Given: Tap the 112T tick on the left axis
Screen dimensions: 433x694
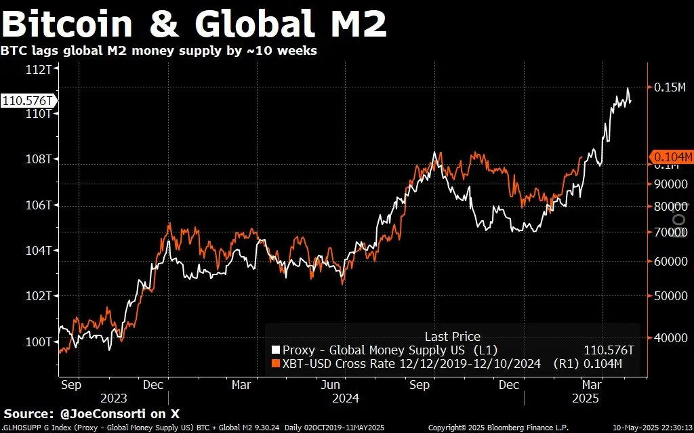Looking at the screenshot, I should (x=40, y=69).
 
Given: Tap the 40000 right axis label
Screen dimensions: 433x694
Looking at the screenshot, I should (x=671, y=337).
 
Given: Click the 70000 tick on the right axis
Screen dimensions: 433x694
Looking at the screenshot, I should (x=671, y=232).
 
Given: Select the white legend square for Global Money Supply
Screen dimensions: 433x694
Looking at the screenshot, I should (x=275, y=350).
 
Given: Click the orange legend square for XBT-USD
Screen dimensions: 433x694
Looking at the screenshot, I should (x=275, y=365).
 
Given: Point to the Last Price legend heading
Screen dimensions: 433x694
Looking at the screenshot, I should (x=452, y=336).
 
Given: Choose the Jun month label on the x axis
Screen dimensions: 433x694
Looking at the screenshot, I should (x=330, y=385).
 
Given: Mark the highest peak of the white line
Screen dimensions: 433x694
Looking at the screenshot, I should (x=628, y=89).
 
